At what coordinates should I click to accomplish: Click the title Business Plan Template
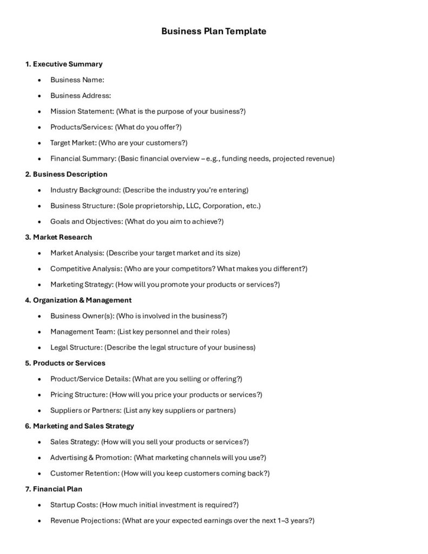coord(214,31)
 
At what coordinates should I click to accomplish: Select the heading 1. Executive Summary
coord(63,64)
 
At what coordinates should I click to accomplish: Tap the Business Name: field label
coord(77,80)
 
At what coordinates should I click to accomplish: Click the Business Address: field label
coord(80,95)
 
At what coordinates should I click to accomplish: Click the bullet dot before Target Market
coord(40,143)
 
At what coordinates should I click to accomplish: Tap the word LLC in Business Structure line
coord(192,206)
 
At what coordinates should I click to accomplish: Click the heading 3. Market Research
coord(58,237)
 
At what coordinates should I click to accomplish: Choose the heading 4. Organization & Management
coord(78,300)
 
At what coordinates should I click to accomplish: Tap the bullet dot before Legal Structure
coord(40,347)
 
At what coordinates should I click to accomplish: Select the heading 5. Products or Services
coord(65,362)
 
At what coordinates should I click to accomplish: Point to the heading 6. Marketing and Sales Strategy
coord(80,426)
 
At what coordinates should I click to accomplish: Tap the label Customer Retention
coord(84,473)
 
